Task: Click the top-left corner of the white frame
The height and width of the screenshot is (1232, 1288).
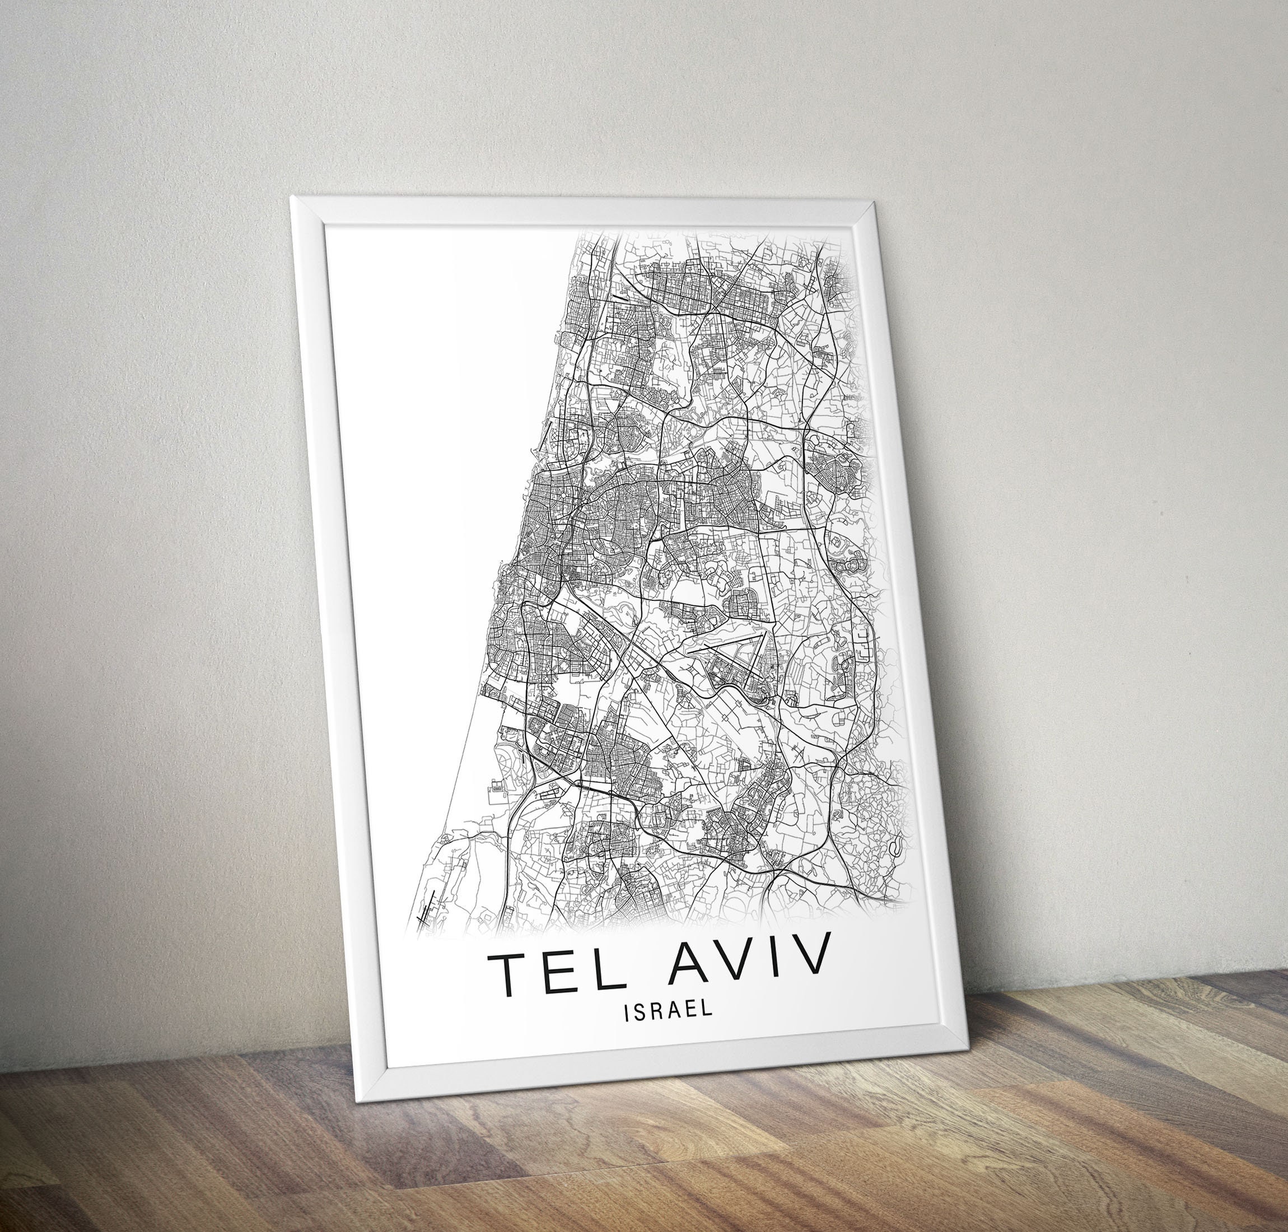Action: click(293, 198)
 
